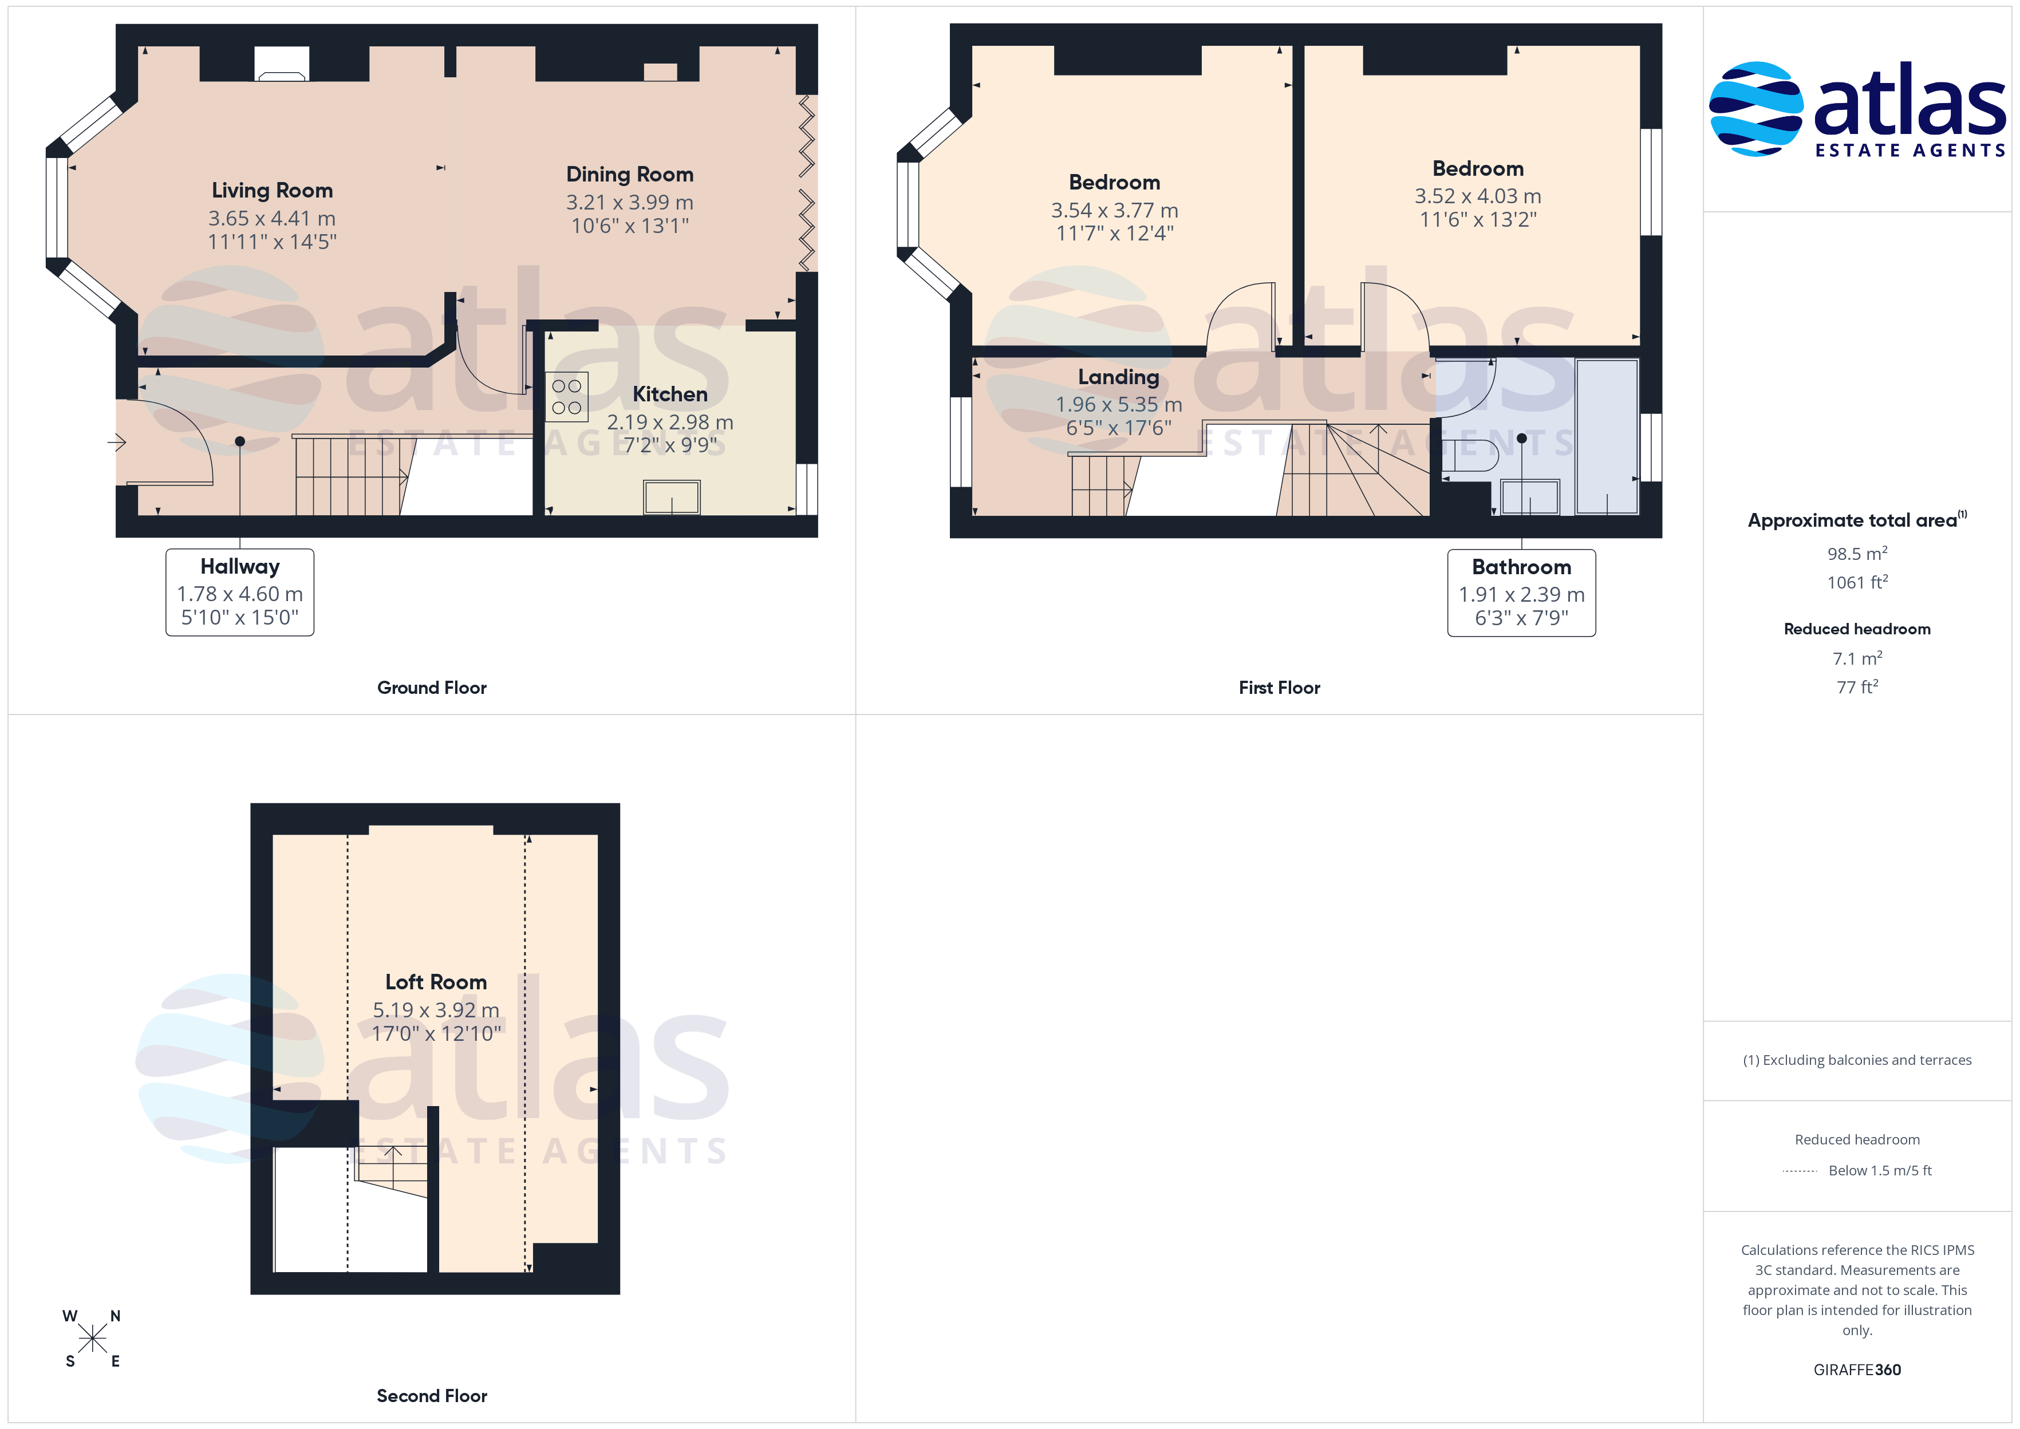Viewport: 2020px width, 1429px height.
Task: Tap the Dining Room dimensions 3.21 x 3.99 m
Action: (x=629, y=202)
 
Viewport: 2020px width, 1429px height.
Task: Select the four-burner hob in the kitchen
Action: (x=567, y=396)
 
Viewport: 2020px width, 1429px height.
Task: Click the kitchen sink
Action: (x=672, y=497)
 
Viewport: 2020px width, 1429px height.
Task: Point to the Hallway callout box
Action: (x=240, y=592)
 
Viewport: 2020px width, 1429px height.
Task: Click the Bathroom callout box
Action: (x=1521, y=592)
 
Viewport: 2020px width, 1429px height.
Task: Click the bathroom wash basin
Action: (x=1529, y=497)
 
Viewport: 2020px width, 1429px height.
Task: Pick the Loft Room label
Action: (x=436, y=981)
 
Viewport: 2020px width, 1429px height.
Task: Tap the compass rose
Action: (x=92, y=1339)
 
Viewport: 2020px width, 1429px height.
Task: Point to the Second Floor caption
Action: (x=432, y=1396)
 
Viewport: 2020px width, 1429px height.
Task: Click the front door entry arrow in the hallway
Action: (x=117, y=442)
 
